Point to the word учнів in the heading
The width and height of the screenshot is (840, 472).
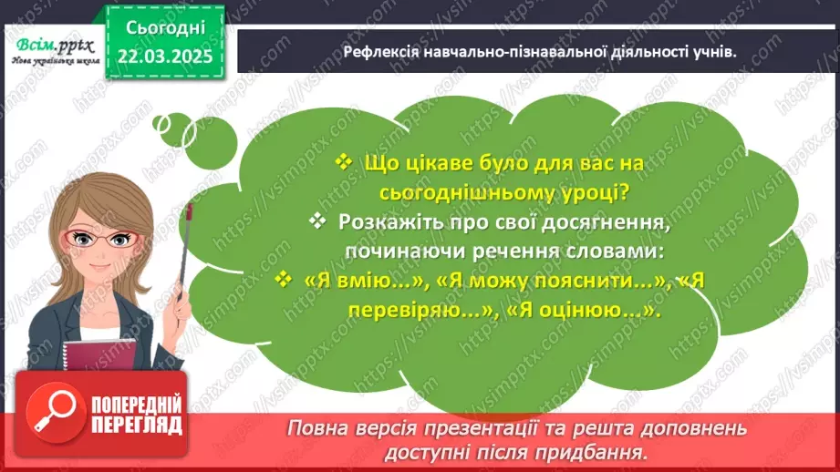(712, 52)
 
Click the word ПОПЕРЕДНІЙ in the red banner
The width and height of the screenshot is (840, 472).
(135, 405)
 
